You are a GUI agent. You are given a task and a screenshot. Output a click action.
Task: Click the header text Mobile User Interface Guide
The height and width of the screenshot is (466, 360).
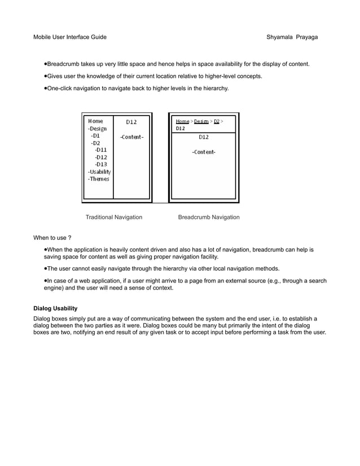pyautogui.click(x=70, y=37)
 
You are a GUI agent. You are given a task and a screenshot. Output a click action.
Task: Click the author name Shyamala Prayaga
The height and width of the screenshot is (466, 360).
pyautogui.click(x=292, y=37)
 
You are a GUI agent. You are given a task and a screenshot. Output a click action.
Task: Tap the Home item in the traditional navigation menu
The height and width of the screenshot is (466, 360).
pyautogui.click(x=95, y=121)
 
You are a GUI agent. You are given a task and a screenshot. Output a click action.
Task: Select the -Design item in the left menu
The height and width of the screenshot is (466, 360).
pyautogui.click(x=97, y=129)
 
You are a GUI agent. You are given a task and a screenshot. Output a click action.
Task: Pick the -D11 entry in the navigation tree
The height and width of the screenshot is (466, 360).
pyautogui.click(x=100, y=150)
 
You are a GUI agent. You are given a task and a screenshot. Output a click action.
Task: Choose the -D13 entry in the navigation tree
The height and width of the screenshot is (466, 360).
pyautogui.click(x=100, y=164)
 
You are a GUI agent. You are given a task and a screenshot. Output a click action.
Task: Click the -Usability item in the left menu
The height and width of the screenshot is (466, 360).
pyautogui.click(x=99, y=172)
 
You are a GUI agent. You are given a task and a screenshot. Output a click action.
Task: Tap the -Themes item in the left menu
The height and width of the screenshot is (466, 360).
pyautogui.click(x=98, y=179)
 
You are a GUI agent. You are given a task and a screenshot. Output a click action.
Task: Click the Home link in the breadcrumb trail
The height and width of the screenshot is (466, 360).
pyautogui.click(x=182, y=121)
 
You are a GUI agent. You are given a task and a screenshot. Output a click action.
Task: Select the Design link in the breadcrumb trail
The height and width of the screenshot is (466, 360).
pyautogui.click(x=201, y=121)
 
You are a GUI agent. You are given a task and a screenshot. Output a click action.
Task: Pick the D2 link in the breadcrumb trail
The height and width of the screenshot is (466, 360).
pyautogui.click(x=216, y=121)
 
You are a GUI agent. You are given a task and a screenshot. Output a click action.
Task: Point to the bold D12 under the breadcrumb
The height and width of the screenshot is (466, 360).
pyautogui.click(x=181, y=129)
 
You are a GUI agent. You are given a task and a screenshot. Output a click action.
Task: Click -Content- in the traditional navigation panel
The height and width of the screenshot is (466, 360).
pyautogui.click(x=131, y=137)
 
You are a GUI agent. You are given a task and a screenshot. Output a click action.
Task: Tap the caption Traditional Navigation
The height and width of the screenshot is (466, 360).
pyautogui.click(x=113, y=217)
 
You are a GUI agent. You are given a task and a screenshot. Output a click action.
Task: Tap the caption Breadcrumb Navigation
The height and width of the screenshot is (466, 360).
pyautogui.click(x=208, y=217)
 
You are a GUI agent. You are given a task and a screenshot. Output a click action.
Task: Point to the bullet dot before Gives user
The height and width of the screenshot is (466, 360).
pyautogui.click(x=45, y=76)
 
